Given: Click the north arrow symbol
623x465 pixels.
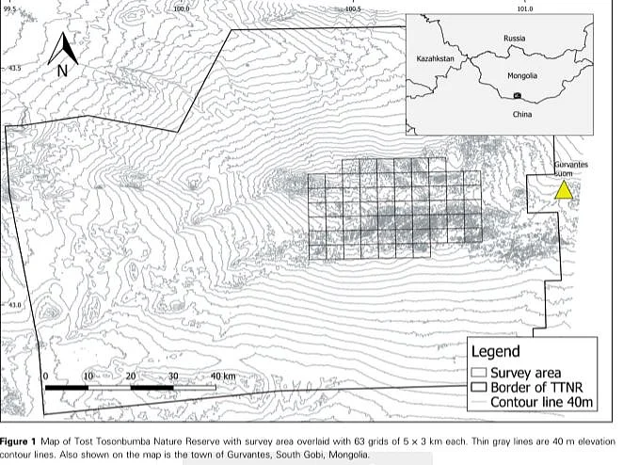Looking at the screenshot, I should click(x=61, y=46).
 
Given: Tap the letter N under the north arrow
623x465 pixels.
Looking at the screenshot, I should click(x=61, y=70).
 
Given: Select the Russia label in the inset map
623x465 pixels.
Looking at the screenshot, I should click(x=514, y=39).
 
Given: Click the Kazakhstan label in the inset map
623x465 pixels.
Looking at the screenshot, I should click(x=435, y=58).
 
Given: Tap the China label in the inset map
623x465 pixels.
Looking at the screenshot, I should click(x=521, y=114).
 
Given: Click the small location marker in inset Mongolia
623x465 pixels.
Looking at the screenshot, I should click(x=516, y=96).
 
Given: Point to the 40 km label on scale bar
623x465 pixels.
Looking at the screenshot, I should click(x=224, y=377).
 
